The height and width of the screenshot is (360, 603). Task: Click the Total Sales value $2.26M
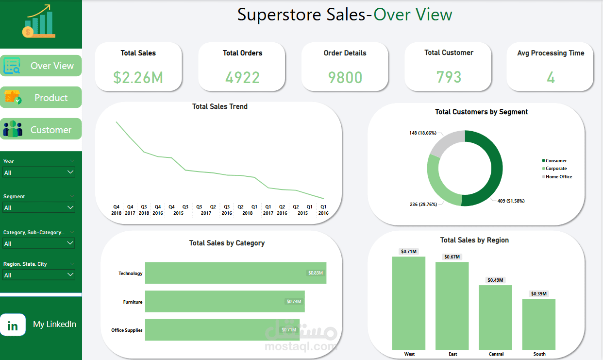click(x=138, y=77)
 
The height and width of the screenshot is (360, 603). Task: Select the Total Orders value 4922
click(x=242, y=77)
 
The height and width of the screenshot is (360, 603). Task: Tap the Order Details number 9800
click(x=345, y=77)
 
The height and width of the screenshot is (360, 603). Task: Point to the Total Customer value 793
click(x=449, y=77)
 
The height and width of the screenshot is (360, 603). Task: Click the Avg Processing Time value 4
click(x=551, y=77)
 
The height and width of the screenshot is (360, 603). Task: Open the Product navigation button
click(x=41, y=98)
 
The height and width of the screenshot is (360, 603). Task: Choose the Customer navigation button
click(x=41, y=130)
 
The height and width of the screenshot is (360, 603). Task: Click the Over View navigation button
click(x=41, y=66)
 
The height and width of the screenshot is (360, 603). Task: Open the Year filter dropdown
click(x=39, y=172)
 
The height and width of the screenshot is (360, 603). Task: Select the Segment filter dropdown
click(x=39, y=207)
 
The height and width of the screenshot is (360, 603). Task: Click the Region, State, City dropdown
click(x=39, y=275)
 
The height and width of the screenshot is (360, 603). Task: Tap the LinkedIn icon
click(x=13, y=325)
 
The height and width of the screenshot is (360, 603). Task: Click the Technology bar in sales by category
click(x=235, y=273)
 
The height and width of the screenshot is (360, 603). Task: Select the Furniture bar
click(x=224, y=302)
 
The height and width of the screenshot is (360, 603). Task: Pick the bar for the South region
click(x=539, y=324)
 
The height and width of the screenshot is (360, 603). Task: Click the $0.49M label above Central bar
click(x=496, y=280)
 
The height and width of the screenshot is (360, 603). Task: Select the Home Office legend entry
click(x=558, y=177)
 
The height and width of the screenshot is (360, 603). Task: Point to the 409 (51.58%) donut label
click(x=511, y=201)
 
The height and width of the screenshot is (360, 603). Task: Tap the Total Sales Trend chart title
click(x=220, y=106)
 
